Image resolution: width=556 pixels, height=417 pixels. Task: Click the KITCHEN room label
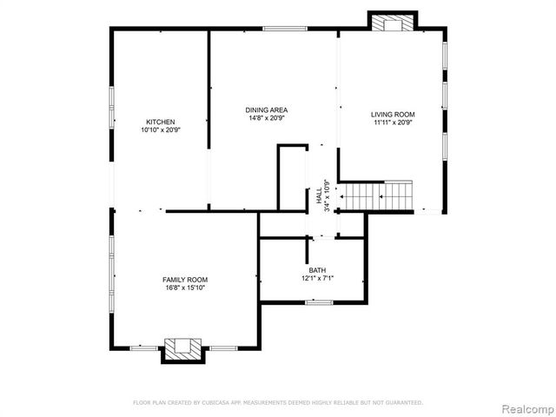(x=161, y=122)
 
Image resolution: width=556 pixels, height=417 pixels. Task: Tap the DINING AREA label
(x=267, y=110)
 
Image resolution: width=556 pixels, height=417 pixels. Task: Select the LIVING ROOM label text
(x=393, y=115)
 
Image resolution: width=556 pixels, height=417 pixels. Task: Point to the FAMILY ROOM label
(x=185, y=280)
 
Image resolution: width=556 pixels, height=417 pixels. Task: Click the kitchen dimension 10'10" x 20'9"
(x=161, y=130)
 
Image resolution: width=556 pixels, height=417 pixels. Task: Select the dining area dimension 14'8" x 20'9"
(x=267, y=118)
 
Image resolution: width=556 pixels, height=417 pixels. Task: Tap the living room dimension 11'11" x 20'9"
(x=393, y=122)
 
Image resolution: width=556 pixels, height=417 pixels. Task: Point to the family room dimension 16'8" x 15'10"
(x=185, y=288)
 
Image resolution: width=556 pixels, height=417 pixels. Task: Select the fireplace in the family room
(x=183, y=348)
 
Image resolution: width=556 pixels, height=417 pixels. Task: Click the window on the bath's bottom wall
(x=319, y=302)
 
